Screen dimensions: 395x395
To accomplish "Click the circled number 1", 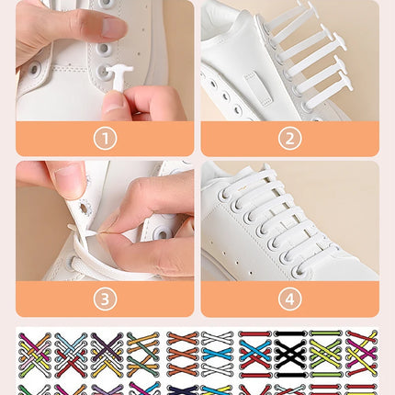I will pyautogui.click(x=104, y=139).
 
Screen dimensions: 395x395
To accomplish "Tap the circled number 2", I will pyautogui.click(x=289, y=139).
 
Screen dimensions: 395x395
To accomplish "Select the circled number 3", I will pyautogui.click(x=104, y=299).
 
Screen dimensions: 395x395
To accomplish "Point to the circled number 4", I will pyautogui.click(x=289, y=299).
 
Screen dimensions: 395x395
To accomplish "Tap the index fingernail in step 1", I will pyautogui.click(x=113, y=28).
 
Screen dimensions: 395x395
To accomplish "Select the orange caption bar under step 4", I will pyautogui.click(x=340, y=299).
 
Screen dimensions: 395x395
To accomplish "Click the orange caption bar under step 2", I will pyautogui.click(x=340, y=139).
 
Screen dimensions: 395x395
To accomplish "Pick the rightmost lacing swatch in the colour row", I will pyautogui.click(x=361, y=353).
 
